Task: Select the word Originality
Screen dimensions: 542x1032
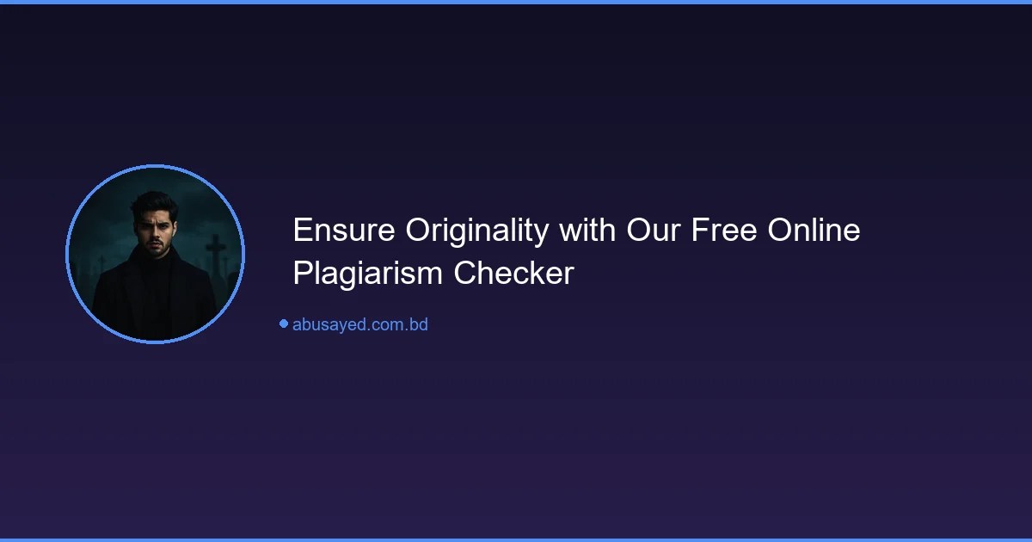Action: [477, 231]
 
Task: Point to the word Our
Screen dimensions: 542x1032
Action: [654, 231]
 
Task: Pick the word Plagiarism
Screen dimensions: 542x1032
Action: [368, 274]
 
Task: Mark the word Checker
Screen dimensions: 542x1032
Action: [513, 274]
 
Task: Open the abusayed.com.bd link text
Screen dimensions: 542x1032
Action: [359, 325]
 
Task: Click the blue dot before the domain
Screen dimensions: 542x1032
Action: [283, 323]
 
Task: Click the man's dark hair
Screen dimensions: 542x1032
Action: [153, 203]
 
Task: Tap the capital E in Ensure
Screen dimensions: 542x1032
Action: [302, 231]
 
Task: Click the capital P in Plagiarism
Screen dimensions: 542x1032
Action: [301, 274]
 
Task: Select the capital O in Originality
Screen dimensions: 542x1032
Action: [418, 231]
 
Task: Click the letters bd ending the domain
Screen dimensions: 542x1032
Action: [419, 325]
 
